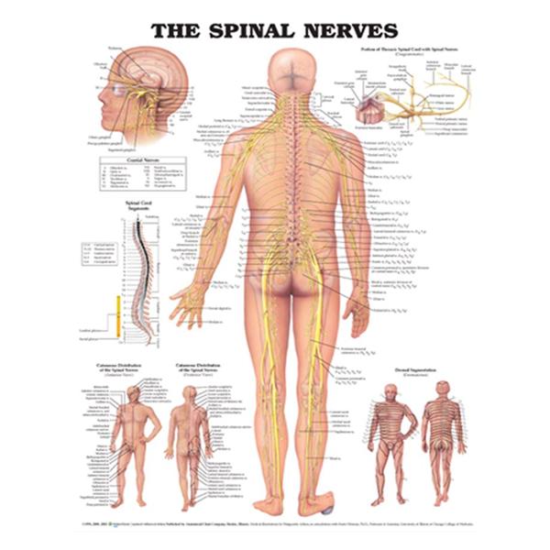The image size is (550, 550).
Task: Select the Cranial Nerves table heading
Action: point(141,159)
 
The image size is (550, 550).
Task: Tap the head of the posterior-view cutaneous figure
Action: point(192,395)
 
